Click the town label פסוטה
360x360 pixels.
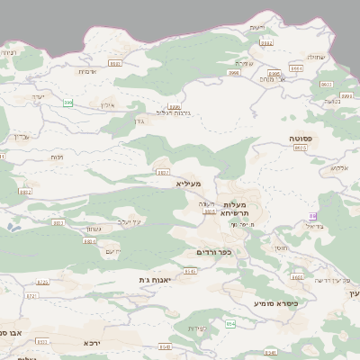[x=301, y=138]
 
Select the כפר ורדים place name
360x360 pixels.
[x=214, y=252]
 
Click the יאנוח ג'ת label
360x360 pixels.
[x=154, y=280]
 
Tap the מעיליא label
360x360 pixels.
[x=189, y=184]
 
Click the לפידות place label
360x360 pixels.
[x=198, y=328]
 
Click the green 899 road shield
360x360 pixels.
[x=68, y=104]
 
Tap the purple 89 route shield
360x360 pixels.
[x=312, y=216]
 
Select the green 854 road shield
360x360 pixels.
[x=229, y=324]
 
